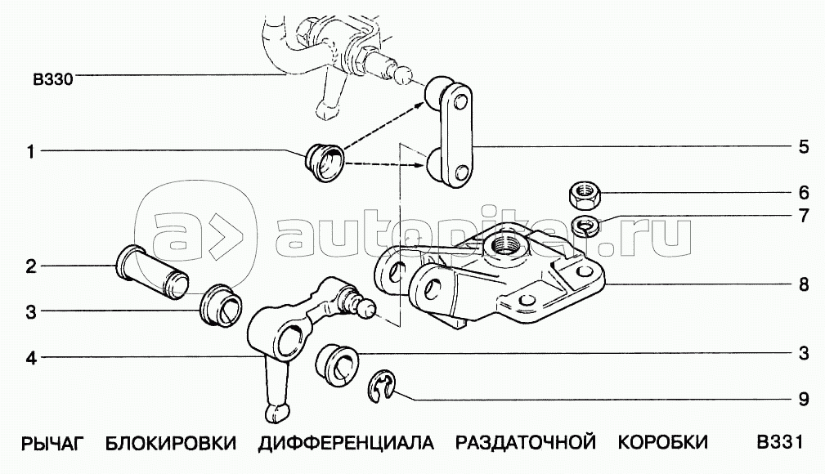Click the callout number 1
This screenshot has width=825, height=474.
click(30, 151)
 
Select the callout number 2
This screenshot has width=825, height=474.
click(30, 266)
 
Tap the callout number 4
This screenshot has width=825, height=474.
click(30, 357)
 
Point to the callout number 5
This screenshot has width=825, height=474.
click(804, 147)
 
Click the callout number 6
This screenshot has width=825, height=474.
click(804, 193)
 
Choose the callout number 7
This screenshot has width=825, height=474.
click(804, 217)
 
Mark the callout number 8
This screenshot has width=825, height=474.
click(804, 284)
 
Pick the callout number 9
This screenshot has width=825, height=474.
click(804, 400)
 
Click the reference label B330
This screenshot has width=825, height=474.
click(53, 79)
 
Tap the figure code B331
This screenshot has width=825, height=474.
click(777, 443)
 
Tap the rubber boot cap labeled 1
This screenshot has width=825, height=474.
click(324, 161)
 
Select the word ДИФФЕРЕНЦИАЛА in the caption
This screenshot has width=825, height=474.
click(345, 443)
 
